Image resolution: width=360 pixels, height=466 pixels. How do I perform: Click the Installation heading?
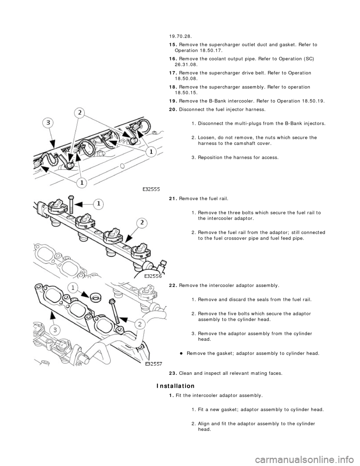pos(175,386)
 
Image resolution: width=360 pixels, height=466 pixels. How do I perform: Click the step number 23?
pos(173,373)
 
